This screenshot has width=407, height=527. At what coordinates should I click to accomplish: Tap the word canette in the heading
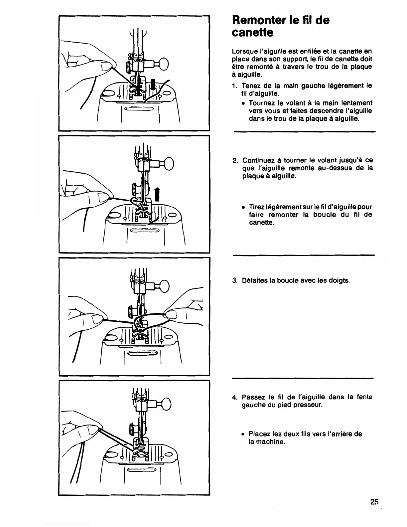click(x=252, y=33)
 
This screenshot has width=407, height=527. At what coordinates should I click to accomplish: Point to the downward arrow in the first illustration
click(x=153, y=84)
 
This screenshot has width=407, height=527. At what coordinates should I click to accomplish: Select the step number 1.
click(x=234, y=86)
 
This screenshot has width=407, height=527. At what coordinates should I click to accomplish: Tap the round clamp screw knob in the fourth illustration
click(x=165, y=404)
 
